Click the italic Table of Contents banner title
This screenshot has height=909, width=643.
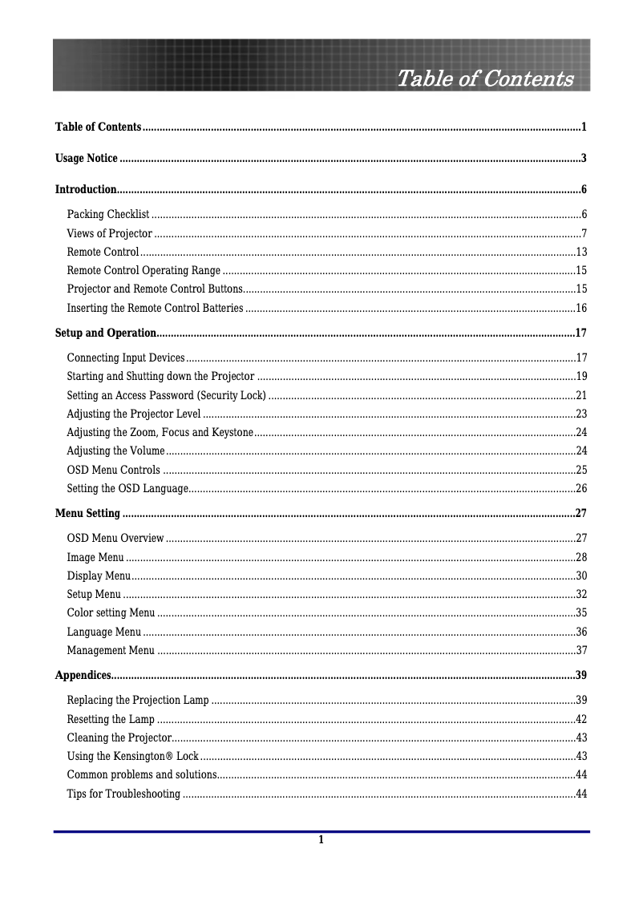coord(485,79)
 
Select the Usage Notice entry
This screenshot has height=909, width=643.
coord(87,158)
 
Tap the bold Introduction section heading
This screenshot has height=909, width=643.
coord(86,190)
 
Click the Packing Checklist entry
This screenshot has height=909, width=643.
coord(108,214)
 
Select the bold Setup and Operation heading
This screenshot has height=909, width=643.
coord(105,333)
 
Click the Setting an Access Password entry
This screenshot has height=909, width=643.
coord(166,395)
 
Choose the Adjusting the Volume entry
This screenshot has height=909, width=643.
coord(116,450)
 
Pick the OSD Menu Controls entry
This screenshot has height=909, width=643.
coord(113,470)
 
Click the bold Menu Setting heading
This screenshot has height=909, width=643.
coord(87,513)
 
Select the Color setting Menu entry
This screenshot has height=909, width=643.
coord(111,613)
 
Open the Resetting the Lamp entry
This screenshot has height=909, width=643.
coord(111,719)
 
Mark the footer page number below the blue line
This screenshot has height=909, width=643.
coord(321,840)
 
